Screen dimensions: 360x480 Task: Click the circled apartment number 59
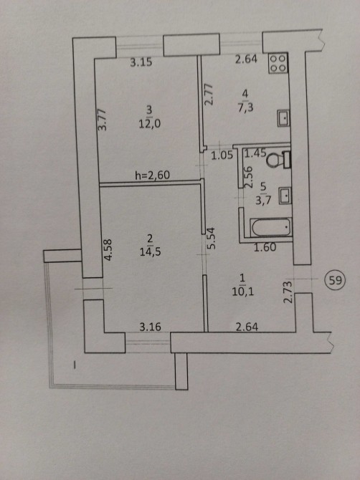pyautogui.click(x=335, y=280)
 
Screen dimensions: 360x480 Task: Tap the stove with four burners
pyautogui.click(x=278, y=63)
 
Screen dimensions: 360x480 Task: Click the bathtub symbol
pyautogui.click(x=271, y=227)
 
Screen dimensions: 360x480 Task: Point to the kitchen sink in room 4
pyautogui.click(x=283, y=118)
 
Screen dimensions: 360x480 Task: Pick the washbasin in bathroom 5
pyautogui.click(x=285, y=196)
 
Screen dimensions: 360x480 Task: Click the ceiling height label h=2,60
pyautogui.click(x=152, y=175)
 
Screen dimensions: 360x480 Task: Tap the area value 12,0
pyautogui.click(x=149, y=124)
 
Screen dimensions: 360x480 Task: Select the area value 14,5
pyautogui.click(x=150, y=252)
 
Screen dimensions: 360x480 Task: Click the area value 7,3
pyautogui.click(x=245, y=107)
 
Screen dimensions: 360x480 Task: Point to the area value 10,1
pyautogui.click(x=242, y=292)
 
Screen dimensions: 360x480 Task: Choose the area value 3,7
pyautogui.click(x=263, y=201)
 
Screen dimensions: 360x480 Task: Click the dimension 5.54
pyautogui.click(x=212, y=238)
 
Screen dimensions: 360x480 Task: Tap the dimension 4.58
pyautogui.click(x=108, y=250)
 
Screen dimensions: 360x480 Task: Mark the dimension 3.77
pyautogui.click(x=103, y=120)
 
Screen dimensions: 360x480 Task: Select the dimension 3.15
pyautogui.click(x=141, y=62)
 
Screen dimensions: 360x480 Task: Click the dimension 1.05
pyautogui.click(x=222, y=155)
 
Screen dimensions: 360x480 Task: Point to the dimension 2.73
pyautogui.click(x=288, y=292)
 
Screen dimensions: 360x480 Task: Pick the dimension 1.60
pyautogui.click(x=265, y=247)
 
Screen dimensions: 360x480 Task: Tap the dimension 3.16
pyautogui.click(x=150, y=327)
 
